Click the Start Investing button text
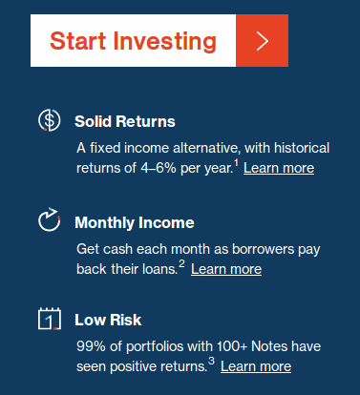pyautogui.click(x=133, y=41)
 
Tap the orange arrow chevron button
pyautogui.click(x=262, y=41)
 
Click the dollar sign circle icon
pyautogui.click(x=49, y=121)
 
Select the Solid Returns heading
pyautogui.click(x=125, y=121)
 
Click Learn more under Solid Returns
pyautogui.click(x=279, y=168)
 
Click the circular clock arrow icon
pyautogui.click(x=49, y=222)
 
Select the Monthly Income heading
pyautogui.click(x=135, y=222)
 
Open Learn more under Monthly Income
pyautogui.click(x=226, y=269)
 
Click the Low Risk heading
pyautogui.click(x=108, y=320)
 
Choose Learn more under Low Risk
pyautogui.click(x=256, y=366)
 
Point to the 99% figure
pyautogui.click(x=91, y=344)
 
